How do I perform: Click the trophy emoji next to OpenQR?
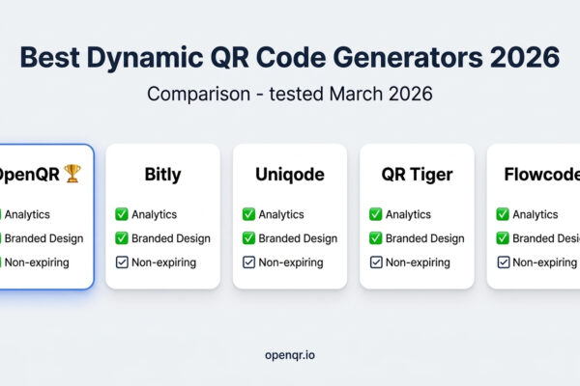click(73, 176)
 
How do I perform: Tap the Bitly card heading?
click(162, 176)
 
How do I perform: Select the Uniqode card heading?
click(289, 176)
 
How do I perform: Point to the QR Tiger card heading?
click(417, 176)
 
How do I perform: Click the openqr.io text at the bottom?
click(289, 355)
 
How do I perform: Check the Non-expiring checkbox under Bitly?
click(121, 262)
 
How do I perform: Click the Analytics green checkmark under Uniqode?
click(248, 214)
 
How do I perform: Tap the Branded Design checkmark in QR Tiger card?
click(375, 238)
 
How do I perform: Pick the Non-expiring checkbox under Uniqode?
click(248, 262)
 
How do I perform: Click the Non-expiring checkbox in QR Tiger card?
click(375, 262)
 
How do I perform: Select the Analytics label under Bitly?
click(158, 214)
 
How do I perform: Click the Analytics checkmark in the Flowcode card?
click(503, 214)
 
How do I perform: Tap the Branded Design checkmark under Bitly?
click(121, 238)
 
